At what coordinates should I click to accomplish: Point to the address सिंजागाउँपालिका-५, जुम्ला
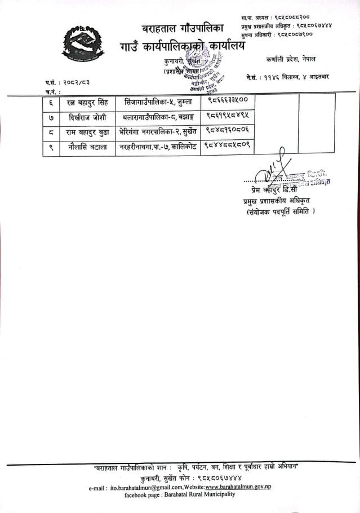coord(158,101)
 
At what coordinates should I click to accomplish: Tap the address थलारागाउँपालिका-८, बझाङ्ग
coord(158,116)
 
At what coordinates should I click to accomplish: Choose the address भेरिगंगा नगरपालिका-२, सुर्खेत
coord(158,131)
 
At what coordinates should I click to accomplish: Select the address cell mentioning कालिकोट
coord(158,147)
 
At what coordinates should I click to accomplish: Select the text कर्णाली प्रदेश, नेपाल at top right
coord(291,59)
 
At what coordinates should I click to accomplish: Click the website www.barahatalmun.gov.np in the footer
coord(237,487)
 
